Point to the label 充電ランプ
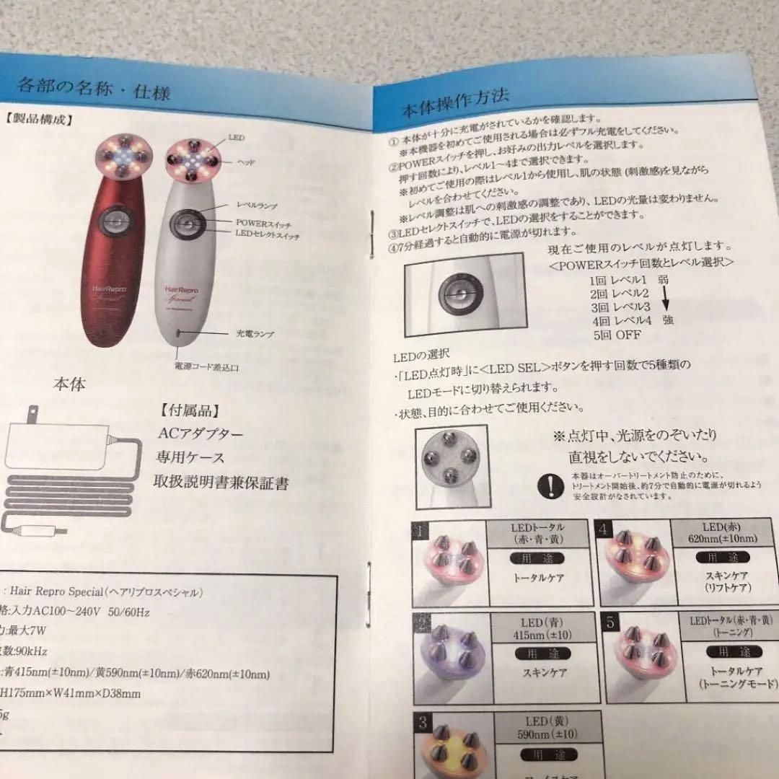click(255, 334)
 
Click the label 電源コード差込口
click(206, 367)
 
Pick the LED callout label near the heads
click(237, 136)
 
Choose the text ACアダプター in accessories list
click(200, 433)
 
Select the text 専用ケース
click(190, 457)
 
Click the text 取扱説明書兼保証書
click(221, 482)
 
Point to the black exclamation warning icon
click(552, 485)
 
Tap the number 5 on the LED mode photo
click(611, 622)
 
